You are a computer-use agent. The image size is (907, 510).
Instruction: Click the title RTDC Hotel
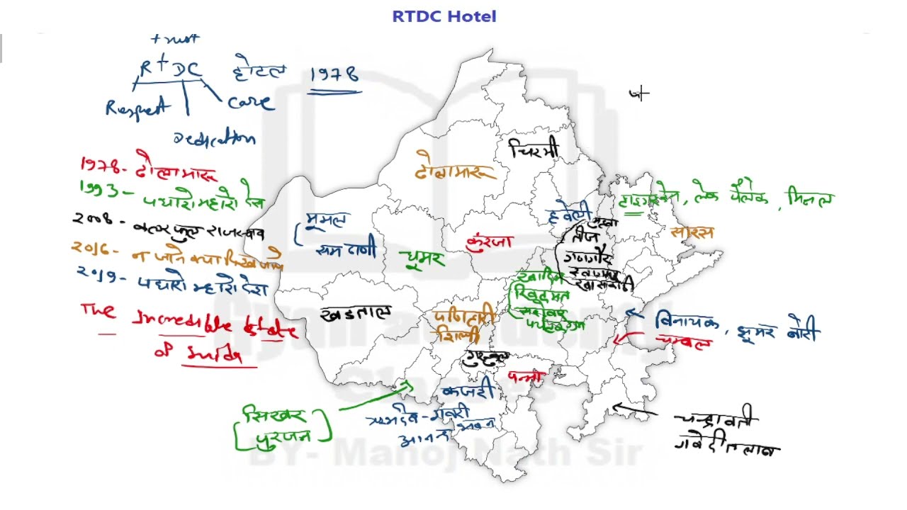[x=444, y=16]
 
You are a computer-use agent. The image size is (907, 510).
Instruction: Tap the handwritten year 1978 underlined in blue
[x=334, y=75]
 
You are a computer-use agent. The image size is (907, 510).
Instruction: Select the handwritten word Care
[x=249, y=102]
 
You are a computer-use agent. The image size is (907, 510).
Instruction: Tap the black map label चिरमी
[x=534, y=149]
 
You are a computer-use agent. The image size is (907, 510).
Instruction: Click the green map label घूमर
[x=422, y=259]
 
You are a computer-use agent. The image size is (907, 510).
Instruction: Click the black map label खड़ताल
[x=356, y=313]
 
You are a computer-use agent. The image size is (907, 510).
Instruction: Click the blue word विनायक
[x=687, y=322]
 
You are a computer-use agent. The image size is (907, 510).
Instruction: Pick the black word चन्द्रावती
[x=716, y=419]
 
